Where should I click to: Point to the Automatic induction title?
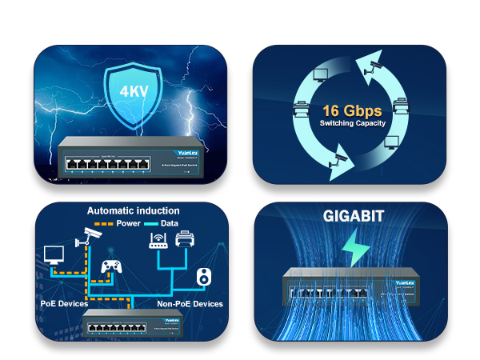pos(134,211)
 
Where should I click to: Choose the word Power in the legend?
pos(130,224)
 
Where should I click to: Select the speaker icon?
pos(204,277)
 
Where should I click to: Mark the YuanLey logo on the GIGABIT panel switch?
pos(405,281)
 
